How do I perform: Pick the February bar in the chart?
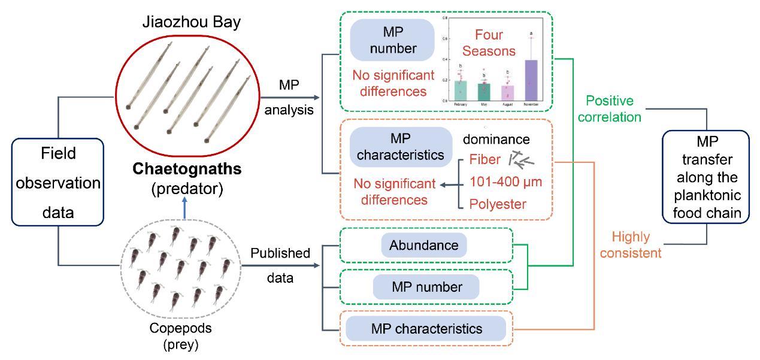461,90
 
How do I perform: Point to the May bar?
484,92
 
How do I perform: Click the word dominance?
496,140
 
